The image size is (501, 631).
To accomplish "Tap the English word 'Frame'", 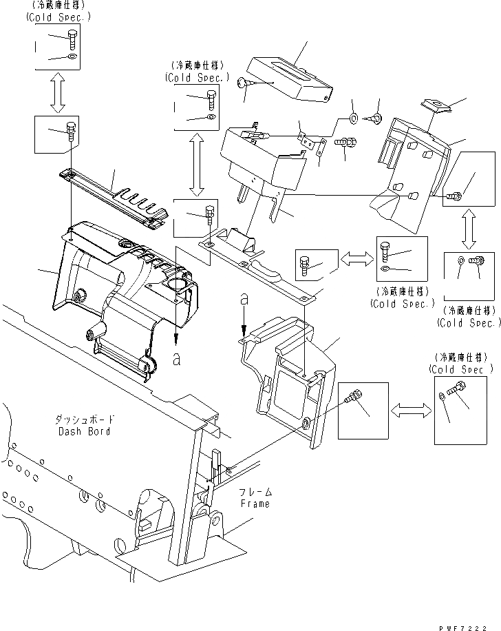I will [254, 504].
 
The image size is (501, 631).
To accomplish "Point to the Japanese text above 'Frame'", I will [255, 492].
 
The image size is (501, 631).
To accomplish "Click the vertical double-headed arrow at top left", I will [57, 92].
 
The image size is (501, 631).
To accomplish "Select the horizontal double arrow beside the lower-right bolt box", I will [412, 411].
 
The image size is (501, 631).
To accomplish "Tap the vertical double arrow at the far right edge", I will [469, 230].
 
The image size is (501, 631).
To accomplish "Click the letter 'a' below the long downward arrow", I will [177, 358].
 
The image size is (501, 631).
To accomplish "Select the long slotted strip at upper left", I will [114, 198].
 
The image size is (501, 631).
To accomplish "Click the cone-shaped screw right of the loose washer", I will [376, 118].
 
